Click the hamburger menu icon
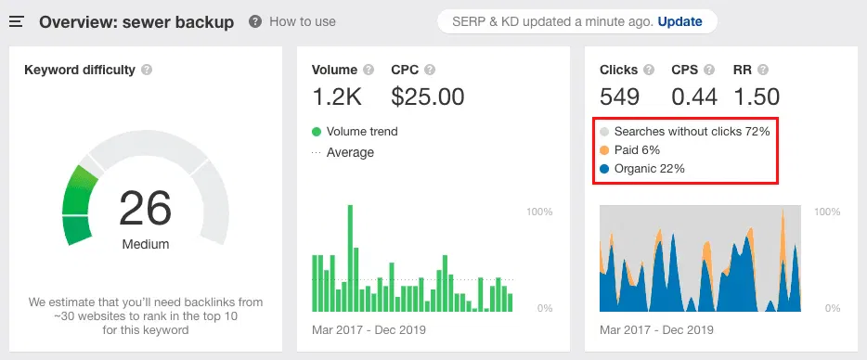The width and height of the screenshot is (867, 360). (17, 21)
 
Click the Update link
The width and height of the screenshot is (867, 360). (679, 21)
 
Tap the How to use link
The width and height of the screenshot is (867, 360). (302, 21)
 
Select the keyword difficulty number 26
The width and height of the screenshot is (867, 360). (146, 209)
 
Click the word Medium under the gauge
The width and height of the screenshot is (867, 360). (146, 245)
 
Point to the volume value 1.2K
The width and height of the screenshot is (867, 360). (338, 96)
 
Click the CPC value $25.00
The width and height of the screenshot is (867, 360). (428, 96)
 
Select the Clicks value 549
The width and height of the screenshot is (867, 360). (620, 96)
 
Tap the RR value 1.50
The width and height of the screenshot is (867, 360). (756, 96)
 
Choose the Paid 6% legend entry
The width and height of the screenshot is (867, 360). (637, 150)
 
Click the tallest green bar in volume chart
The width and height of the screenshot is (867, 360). (350, 258)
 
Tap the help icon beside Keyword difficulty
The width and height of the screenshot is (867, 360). (148, 70)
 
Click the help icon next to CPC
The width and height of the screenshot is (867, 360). (429, 70)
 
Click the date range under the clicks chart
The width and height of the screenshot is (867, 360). (656, 329)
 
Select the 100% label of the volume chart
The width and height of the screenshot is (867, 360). (539, 212)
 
